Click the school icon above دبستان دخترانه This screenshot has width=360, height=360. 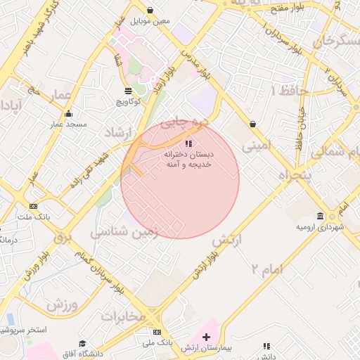click(187, 143)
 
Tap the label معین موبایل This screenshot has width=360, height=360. click(154, 20)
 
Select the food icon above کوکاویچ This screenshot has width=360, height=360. click(127, 91)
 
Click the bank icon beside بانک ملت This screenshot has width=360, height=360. click(33, 206)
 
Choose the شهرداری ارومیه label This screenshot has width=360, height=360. click(321, 228)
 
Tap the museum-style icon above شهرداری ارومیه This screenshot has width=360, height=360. click(321, 216)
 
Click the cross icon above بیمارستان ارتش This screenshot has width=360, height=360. click(206, 337)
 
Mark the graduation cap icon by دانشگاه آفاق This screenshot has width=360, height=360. click(82, 342)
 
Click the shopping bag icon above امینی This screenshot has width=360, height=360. click(252, 124)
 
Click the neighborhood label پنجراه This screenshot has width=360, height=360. click(293, 176)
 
